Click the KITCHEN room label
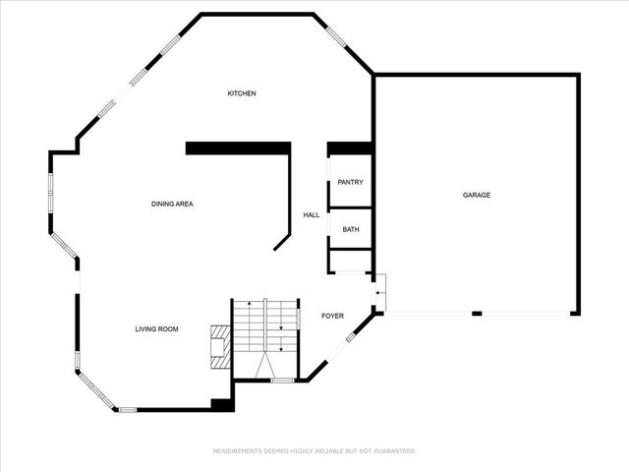pyautogui.click(x=242, y=93)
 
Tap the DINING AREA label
pyautogui.click(x=171, y=204)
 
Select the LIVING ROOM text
pyautogui.click(x=156, y=328)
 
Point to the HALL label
pyautogui.click(x=311, y=214)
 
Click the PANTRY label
pyautogui.click(x=350, y=183)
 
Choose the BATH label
pyautogui.click(x=350, y=229)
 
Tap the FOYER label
pyautogui.click(x=333, y=316)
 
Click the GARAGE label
pyautogui.click(x=477, y=195)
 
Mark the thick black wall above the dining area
pyautogui.click(x=239, y=147)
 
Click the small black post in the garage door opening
pyautogui.click(x=476, y=314)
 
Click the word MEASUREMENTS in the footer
pyautogui.click(x=245, y=451)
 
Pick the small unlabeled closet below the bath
pyautogui.click(x=349, y=261)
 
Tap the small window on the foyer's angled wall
pyautogui.click(x=351, y=340)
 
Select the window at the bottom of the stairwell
pyautogui.click(x=282, y=380)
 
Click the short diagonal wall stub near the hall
pyautogui.click(x=283, y=241)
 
